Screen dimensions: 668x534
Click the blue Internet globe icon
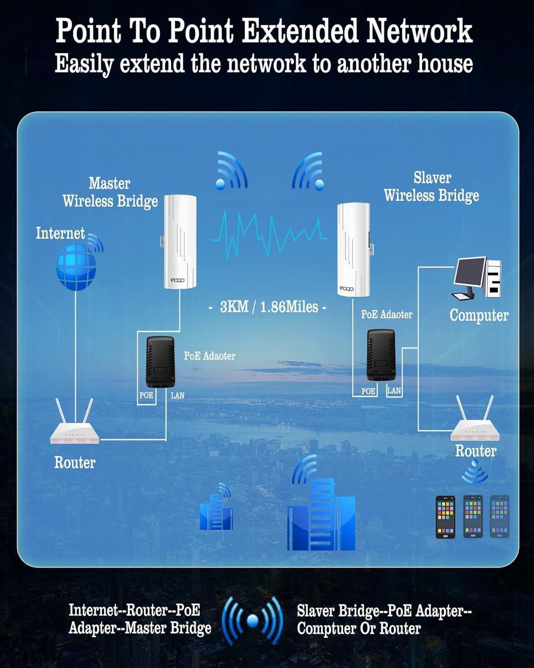tap(76, 267)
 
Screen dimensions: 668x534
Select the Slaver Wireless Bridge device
tap(353, 250)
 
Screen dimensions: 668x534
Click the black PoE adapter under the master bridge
tap(160, 362)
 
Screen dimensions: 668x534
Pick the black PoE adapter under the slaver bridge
tap(380, 355)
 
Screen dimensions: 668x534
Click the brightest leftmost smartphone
tap(445, 516)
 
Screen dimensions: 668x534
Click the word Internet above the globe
tap(60, 233)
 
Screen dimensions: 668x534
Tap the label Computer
tap(479, 315)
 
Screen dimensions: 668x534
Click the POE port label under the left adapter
tap(146, 395)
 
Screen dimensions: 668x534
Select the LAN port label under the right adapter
tap(394, 391)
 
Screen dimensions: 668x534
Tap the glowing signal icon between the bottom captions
tap(252, 620)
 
